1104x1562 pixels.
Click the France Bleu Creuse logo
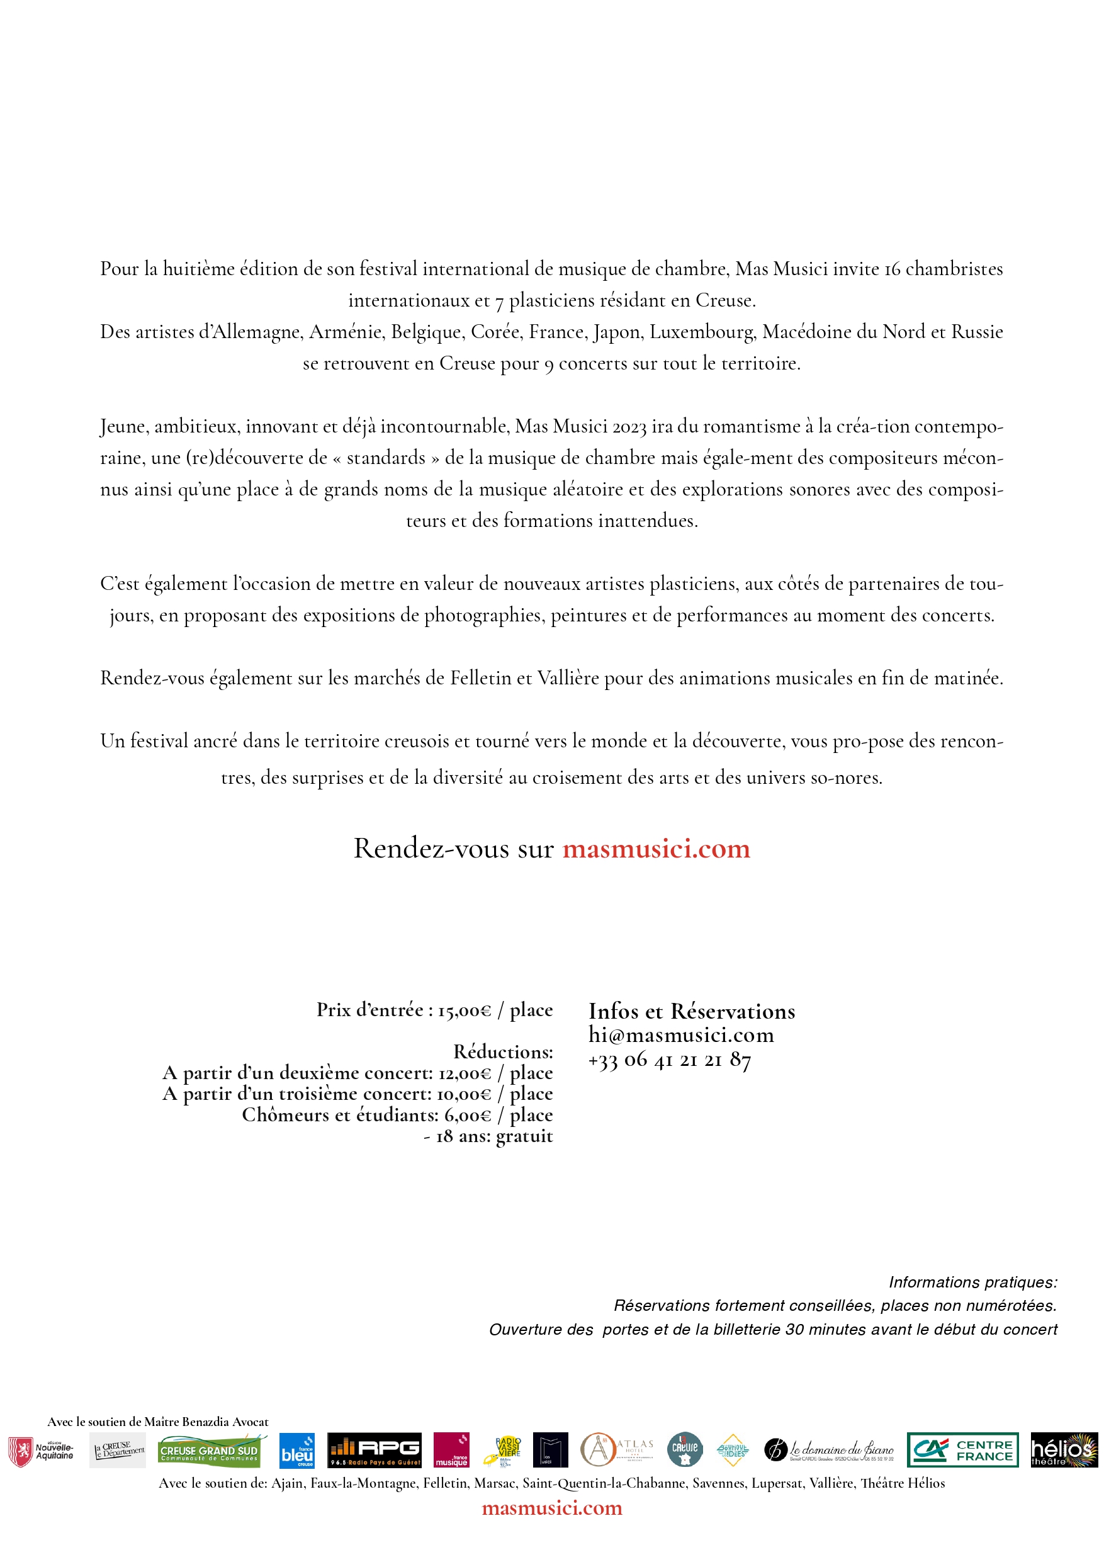pyautogui.click(x=297, y=1451)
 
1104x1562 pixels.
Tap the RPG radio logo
pyautogui.click(x=374, y=1450)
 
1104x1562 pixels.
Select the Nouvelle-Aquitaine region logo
pyautogui.click(x=41, y=1451)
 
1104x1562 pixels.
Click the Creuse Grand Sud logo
pyautogui.click(x=210, y=1451)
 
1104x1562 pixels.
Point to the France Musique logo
pyautogui.click(x=452, y=1450)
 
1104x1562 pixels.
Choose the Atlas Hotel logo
pyautogui.click(x=617, y=1449)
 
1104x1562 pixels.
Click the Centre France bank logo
pyautogui.click(x=962, y=1450)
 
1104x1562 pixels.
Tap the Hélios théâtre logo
pyautogui.click(x=1064, y=1450)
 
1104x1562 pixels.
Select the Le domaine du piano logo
pyautogui.click(x=829, y=1450)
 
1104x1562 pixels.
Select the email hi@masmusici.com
pyautogui.click(x=681, y=1035)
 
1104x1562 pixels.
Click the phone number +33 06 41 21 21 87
pyautogui.click(x=669, y=1059)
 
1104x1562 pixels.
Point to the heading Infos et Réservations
pyautogui.click(x=691, y=1011)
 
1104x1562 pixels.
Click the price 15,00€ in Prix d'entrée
pyautogui.click(x=464, y=1010)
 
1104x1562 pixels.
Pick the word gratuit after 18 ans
pyautogui.click(x=524, y=1136)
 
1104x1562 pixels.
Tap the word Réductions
pyautogui.click(x=503, y=1052)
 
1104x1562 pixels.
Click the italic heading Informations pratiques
pyautogui.click(x=972, y=1282)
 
